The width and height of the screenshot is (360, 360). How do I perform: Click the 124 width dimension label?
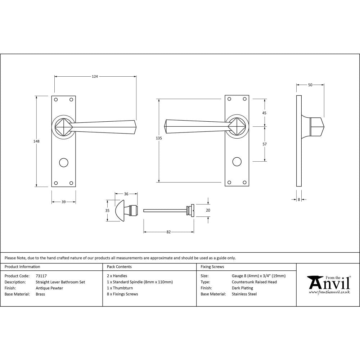click(x=95, y=76)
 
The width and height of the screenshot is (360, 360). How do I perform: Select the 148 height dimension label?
click(x=36, y=141)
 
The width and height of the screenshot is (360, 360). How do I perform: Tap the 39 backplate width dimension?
click(x=63, y=202)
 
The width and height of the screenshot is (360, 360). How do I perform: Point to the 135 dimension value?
click(x=159, y=138)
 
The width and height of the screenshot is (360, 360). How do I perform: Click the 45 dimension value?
click(x=264, y=113)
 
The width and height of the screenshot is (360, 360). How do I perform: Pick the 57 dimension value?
click(x=264, y=144)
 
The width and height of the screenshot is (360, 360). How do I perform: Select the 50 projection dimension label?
click(x=310, y=85)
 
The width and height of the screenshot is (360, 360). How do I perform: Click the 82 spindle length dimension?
click(x=168, y=232)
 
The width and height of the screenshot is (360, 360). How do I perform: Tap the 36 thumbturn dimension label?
click(x=126, y=194)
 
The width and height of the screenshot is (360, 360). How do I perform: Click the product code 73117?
click(x=41, y=276)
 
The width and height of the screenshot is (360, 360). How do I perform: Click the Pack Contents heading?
click(x=119, y=267)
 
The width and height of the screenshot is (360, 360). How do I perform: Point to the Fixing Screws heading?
click(x=212, y=267)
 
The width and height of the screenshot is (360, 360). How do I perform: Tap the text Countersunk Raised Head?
click(x=254, y=282)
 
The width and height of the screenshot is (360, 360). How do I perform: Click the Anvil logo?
click(x=328, y=284)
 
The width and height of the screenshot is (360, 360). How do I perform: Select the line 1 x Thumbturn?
click(x=120, y=288)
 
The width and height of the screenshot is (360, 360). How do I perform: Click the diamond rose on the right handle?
click(x=236, y=127)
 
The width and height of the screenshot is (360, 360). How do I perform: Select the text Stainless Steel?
click(x=244, y=294)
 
